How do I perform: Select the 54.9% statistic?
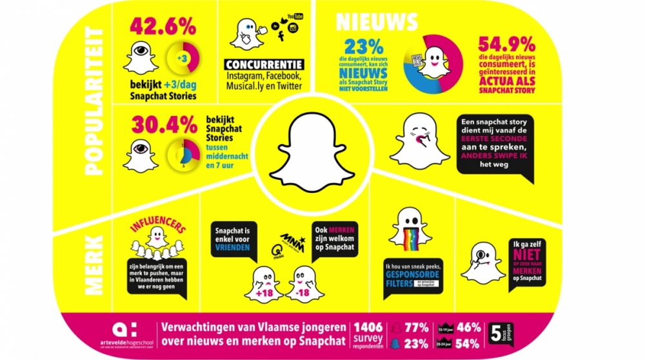coord(506,45)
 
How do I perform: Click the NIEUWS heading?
coord(377,21)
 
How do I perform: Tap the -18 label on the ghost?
coord(301,294)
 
